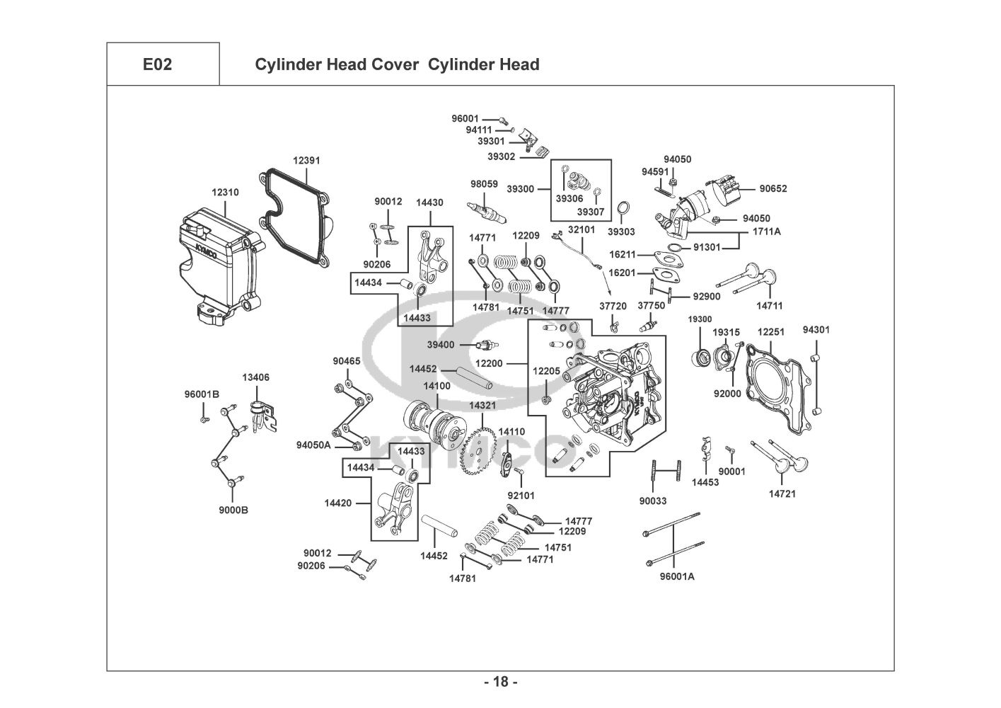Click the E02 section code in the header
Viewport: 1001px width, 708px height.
click(157, 64)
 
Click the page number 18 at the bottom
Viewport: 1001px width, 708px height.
click(500, 683)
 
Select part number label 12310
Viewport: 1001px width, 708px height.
click(225, 192)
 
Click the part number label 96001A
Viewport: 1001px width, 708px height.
click(677, 576)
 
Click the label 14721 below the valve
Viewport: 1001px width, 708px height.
click(782, 493)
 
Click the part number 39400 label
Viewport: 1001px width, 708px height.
click(441, 345)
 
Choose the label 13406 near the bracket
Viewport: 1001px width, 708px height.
click(256, 377)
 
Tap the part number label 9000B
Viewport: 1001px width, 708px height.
click(233, 510)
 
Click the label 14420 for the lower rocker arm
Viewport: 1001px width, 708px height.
click(338, 503)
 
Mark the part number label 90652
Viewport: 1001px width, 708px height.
click(773, 188)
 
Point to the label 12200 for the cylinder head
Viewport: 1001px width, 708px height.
click(489, 363)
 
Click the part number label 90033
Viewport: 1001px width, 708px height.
click(653, 501)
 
